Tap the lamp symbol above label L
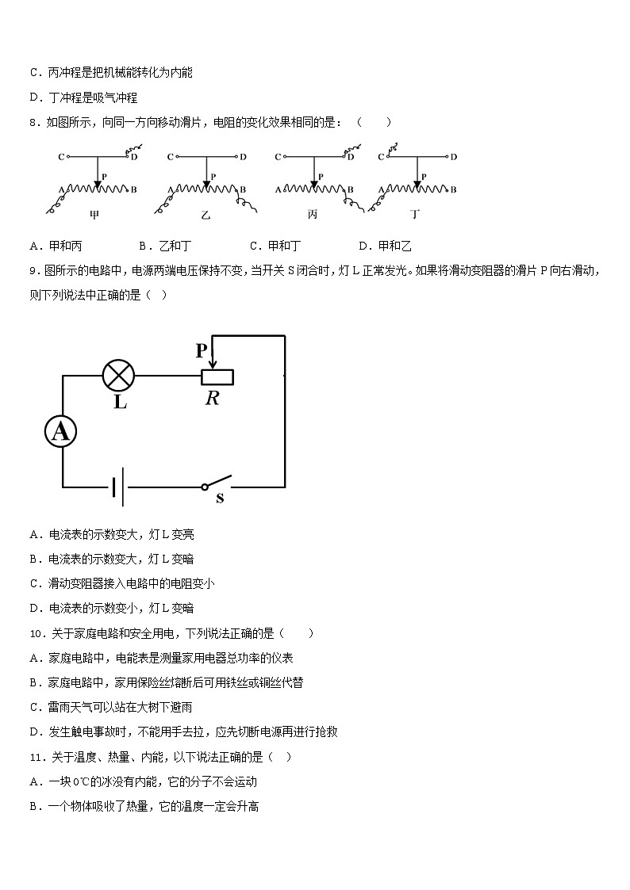coord(119,375)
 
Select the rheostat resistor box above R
coord(221,376)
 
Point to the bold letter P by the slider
coord(202,350)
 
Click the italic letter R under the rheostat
coord(213,398)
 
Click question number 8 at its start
coord(33,122)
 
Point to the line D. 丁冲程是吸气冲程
coord(83,97)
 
